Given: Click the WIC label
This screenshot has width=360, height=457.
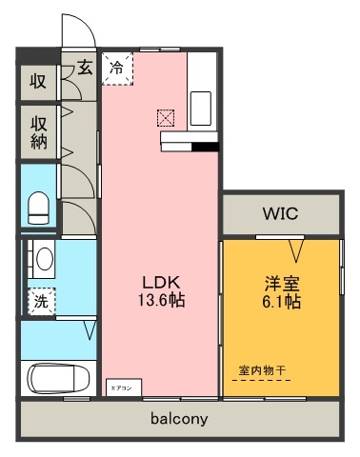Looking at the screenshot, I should coord(281,214).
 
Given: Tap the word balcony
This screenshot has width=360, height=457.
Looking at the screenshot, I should coord(179,418).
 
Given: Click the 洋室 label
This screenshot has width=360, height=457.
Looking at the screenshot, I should coord(282,283).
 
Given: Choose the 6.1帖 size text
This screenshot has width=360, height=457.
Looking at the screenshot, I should coord(282,301).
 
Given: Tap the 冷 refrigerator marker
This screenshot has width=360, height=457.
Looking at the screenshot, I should coord(117,68).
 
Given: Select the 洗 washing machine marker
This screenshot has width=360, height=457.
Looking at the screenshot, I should coord(41,301).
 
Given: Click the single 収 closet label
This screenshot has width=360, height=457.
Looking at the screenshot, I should coord(38,80).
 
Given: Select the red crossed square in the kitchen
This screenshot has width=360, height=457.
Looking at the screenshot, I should coord(168,119).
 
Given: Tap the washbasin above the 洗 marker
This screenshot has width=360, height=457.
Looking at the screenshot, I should coord(42,257).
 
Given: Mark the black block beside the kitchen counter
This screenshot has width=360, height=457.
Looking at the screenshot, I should coord(206,148).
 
